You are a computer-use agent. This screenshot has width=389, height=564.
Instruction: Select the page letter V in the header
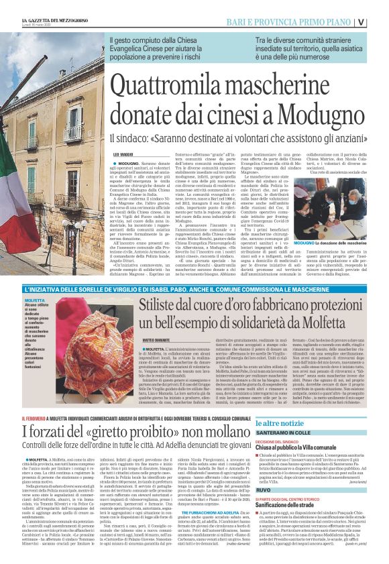380,21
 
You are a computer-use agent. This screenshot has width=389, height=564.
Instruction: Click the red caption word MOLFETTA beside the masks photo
34,302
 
